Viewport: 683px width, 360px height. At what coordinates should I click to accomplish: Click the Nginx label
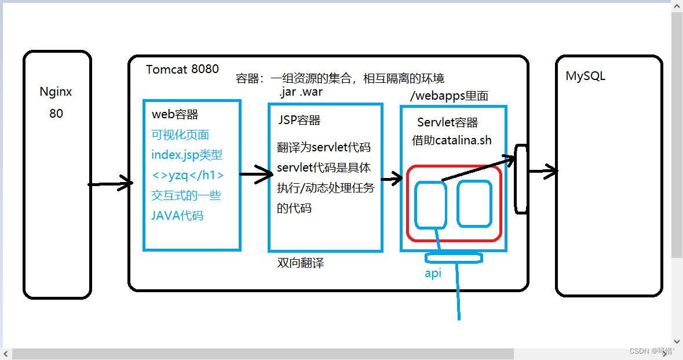pyautogui.click(x=56, y=92)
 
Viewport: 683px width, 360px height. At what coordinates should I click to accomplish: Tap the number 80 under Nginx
pyautogui.click(x=56, y=114)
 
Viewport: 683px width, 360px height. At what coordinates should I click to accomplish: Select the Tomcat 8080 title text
pyautogui.click(x=182, y=70)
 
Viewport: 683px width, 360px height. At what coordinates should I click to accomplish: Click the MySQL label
pyautogui.click(x=586, y=76)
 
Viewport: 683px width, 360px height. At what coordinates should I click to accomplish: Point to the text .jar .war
pyautogui.click(x=300, y=93)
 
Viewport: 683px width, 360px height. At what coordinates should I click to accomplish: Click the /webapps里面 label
pyautogui.click(x=449, y=96)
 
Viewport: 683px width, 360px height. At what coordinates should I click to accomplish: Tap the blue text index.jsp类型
pyautogui.click(x=187, y=155)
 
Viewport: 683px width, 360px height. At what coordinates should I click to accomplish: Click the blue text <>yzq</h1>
pyautogui.click(x=187, y=175)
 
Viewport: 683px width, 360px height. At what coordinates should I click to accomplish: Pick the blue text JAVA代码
pyautogui.click(x=177, y=216)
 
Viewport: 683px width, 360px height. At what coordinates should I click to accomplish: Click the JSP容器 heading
pyautogui.click(x=300, y=121)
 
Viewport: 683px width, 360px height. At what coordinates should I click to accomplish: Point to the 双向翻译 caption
pyautogui.click(x=301, y=263)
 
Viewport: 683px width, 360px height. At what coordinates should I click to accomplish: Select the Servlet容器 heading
pyautogui.click(x=447, y=122)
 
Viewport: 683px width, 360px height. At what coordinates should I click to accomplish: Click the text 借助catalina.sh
pyautogui.click(x=452, y=140)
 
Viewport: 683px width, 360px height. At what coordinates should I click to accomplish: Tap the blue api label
pyautogui.click(x=433, y=273)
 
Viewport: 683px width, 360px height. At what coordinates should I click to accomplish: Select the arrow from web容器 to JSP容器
pyautogui.click(x=255, y=174)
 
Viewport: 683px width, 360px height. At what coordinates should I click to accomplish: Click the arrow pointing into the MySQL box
pyautogui.click(x=543, y=171)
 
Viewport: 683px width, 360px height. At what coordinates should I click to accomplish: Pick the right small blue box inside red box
pyautogui.click(x=474, y=203)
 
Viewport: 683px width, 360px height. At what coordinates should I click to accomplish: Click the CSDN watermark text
pyautogui.click(x=652, y=351)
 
